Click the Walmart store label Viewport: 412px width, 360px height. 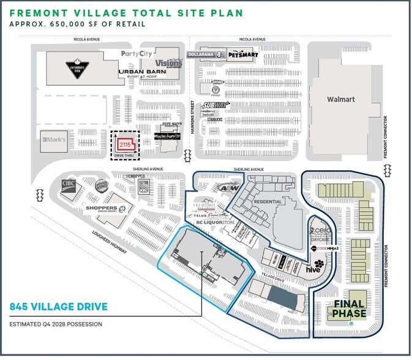(342, 99)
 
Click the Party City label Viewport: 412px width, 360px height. (136, 54)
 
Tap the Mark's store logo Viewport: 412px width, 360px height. (53, 141)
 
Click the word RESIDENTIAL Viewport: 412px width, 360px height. (267, 201)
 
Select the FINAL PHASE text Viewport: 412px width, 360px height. (350, 309)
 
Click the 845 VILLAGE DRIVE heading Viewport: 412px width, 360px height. (59, 307)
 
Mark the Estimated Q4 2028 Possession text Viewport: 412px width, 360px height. (56, 324)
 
